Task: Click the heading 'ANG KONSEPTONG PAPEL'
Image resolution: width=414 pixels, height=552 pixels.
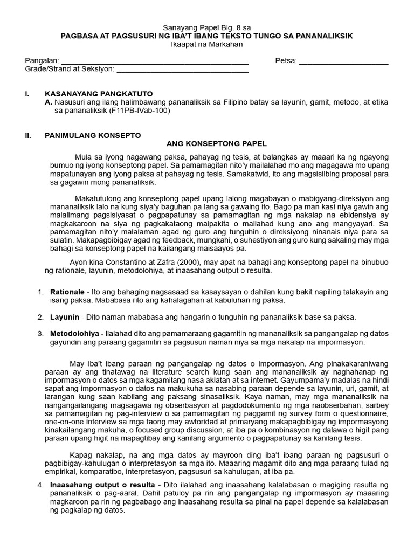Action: pyautogui.click(x=216, y=143)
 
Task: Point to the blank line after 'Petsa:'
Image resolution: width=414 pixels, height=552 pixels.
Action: pyautogui.click(x=343, y=61)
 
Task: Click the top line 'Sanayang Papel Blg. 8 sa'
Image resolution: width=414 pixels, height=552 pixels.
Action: pyautogui.click(x=207, y=27)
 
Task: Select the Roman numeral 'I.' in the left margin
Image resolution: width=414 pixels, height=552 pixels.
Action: pyautogui.click(x=27, y=93)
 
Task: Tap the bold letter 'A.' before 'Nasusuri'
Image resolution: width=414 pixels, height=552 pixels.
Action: pyautogui.click(x=49, y=102)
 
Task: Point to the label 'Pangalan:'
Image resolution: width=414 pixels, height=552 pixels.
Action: pyautogui.click(x=42, y=61)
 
